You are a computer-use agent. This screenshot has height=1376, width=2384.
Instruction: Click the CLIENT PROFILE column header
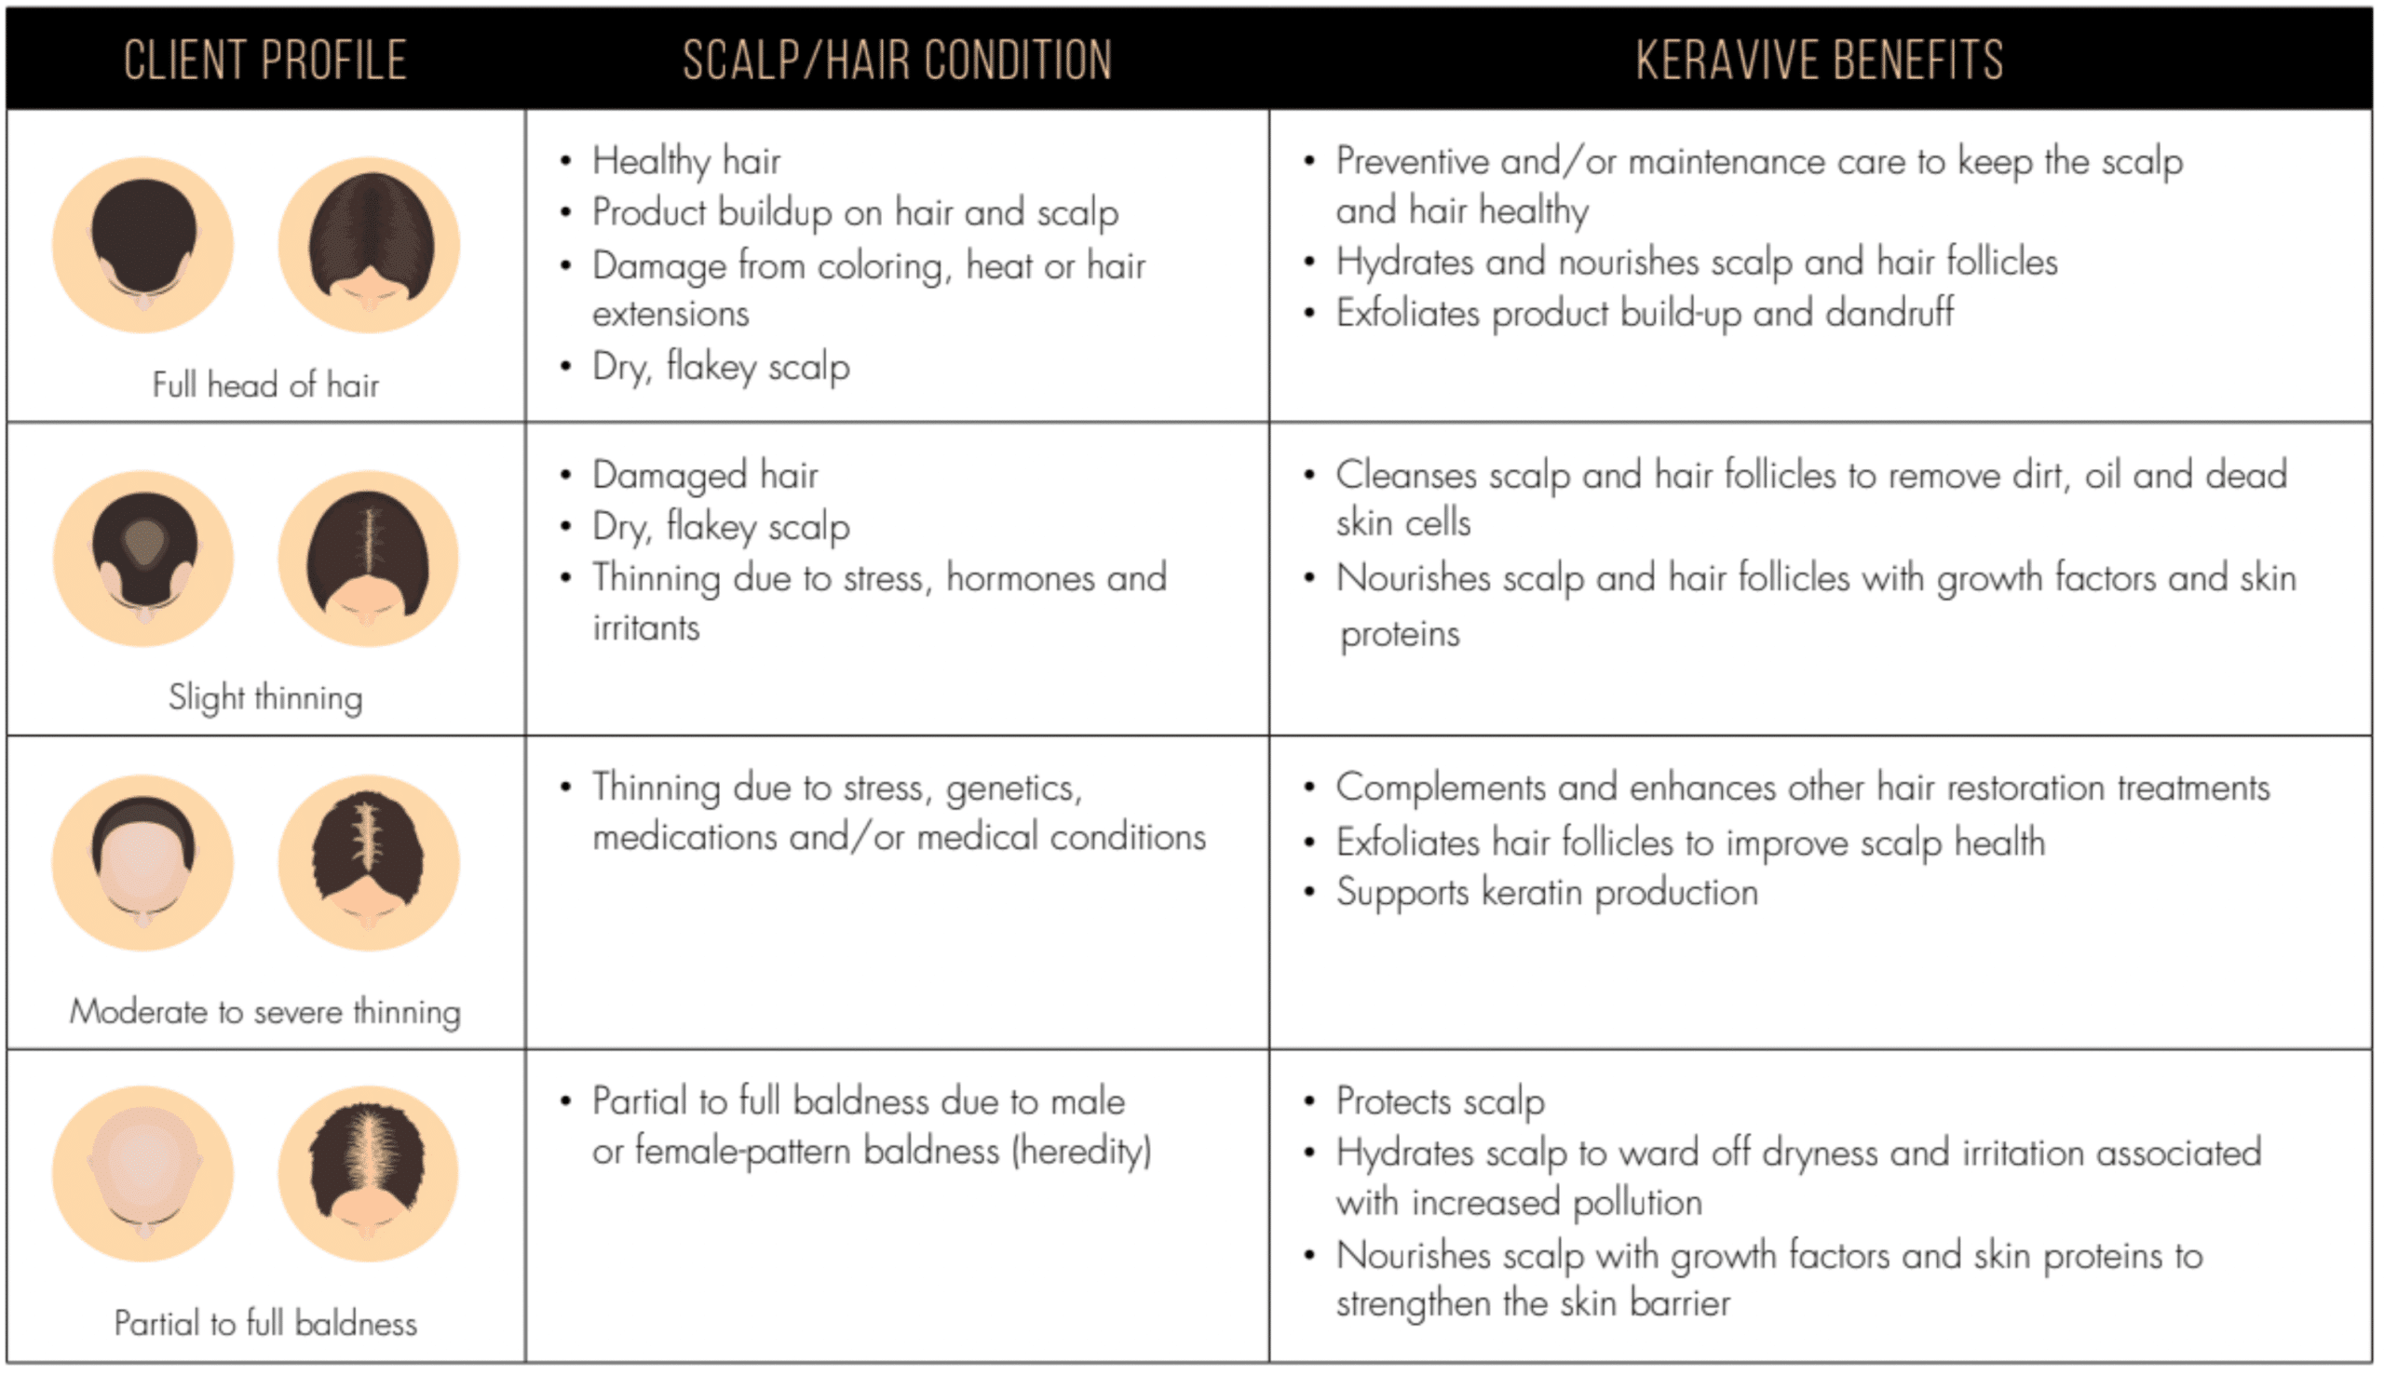pos(264,61)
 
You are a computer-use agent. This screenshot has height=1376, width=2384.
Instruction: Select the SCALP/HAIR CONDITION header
pos(896,61)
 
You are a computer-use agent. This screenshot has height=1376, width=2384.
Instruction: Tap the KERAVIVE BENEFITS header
pos(1819,61)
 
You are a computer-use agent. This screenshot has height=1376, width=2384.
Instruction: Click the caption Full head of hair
pos(264,385)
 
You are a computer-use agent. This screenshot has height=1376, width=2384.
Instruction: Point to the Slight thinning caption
pos(264,698)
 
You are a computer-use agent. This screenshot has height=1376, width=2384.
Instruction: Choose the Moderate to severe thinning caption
pos(264,1012)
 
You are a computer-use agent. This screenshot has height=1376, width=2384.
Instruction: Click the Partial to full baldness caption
pos(264,1324)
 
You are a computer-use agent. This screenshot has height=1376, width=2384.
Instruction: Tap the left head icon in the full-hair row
pos(143,245)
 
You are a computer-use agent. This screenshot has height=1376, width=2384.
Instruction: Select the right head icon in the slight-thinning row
pos(369,559)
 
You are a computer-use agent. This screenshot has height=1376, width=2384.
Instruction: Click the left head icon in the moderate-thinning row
pos(143,863)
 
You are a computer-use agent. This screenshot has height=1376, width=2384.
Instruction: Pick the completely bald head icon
pos(143,1173)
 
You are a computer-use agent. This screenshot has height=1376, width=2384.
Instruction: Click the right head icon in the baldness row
pos(369,1173)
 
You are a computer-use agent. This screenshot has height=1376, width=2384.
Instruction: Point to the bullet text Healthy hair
pos(686,162)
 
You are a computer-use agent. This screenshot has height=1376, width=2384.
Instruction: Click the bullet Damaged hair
pos(704,476)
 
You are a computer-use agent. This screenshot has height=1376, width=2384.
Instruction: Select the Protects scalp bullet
pos(1440,1102)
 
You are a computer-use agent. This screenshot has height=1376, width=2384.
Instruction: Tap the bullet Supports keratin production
pos(1547,893)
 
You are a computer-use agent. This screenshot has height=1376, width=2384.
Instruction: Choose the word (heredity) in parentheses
pos(1081,1152)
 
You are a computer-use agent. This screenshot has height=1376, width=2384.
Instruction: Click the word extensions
pos(670,315)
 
